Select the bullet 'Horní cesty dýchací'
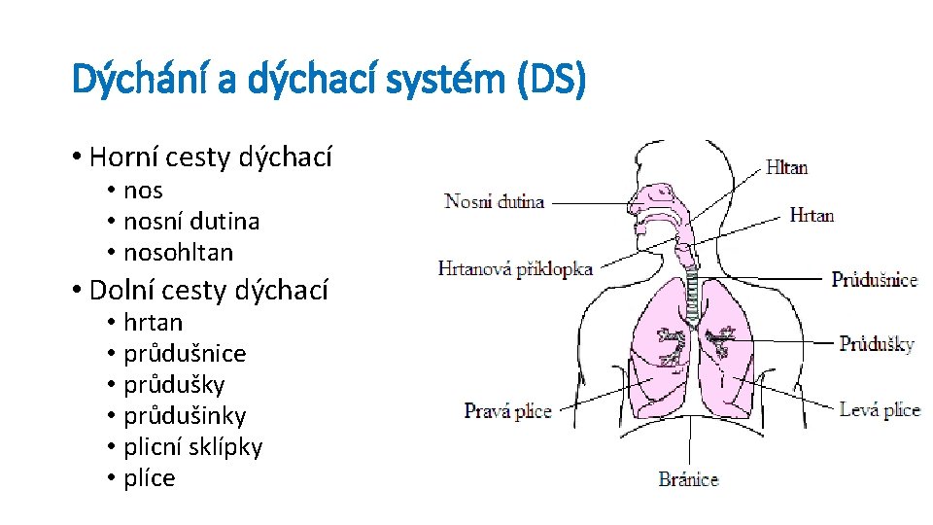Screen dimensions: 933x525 pos(210,157)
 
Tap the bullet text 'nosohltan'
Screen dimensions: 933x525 pos(178,253)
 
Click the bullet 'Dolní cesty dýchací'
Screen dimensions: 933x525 pos(208,290)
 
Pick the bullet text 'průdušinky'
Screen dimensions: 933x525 pos(185,416)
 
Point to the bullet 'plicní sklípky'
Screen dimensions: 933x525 pos(192,447)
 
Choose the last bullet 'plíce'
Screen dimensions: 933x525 pos(149,478)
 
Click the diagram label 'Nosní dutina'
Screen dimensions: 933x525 pos(494,202)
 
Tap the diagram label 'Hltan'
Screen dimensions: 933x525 pos(786,167)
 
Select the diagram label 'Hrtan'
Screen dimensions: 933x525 pos(812,215)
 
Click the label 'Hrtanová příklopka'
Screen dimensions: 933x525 pos(515,269)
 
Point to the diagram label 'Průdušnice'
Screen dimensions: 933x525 pos(874,280)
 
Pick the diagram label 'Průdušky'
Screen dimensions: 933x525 pos(876,343)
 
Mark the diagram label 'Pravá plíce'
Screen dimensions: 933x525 pos(507,411)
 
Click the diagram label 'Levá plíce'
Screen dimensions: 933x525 pos(880,409)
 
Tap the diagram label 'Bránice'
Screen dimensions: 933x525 pos(688,478)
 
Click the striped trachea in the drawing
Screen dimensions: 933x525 pos(692,297)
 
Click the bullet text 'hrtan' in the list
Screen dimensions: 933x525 pos(153,323)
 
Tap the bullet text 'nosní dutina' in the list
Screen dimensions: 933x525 pos(191,222)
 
